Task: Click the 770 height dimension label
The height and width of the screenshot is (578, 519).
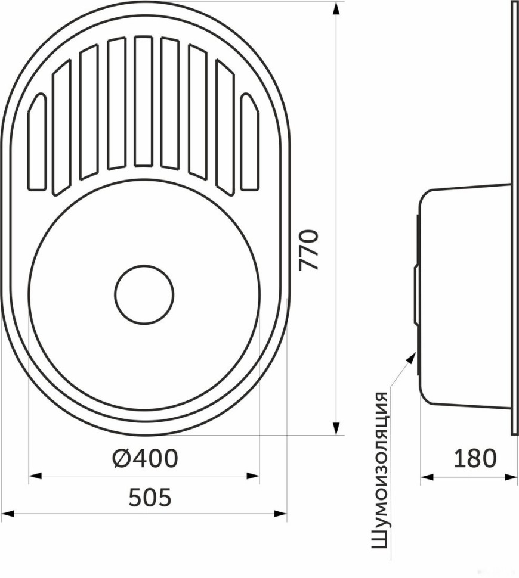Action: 308,250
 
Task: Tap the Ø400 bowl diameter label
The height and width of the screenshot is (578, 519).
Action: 146,458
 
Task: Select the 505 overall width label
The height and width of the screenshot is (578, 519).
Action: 150,498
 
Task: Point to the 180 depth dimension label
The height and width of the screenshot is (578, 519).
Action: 475,458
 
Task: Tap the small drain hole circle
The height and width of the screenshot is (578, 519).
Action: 144,294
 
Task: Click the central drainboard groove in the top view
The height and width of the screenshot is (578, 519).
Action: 144,101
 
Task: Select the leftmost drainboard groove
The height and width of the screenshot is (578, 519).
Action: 37,142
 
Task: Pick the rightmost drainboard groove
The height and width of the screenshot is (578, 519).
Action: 249,142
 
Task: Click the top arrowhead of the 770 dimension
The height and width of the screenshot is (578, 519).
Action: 335,8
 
